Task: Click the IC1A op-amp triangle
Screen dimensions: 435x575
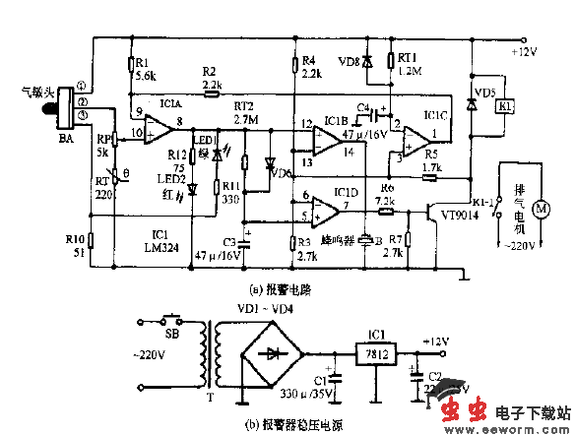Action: pos(152,125)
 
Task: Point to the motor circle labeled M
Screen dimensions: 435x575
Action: pos(539,209)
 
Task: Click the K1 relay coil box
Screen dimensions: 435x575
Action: pos(503,105)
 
